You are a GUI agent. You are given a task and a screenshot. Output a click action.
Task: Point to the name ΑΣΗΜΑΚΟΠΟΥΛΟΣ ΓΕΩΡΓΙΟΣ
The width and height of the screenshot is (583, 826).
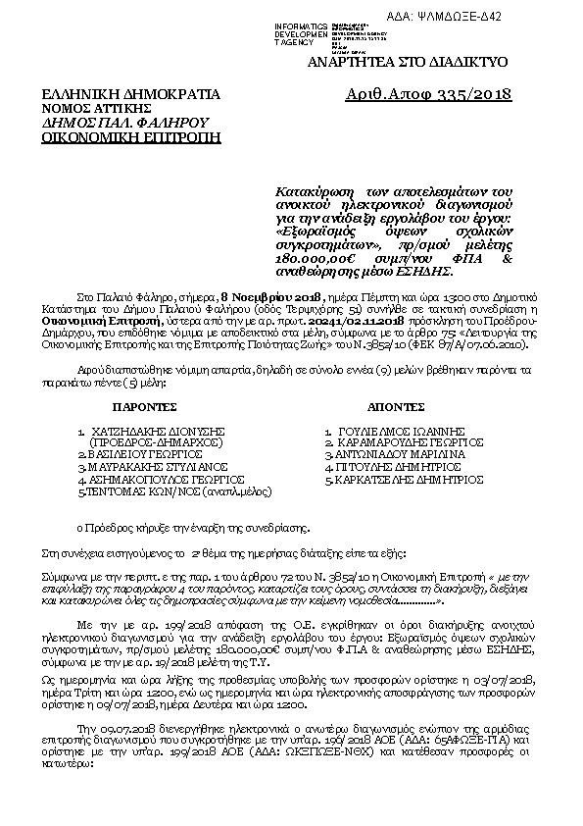coord(154,481)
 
